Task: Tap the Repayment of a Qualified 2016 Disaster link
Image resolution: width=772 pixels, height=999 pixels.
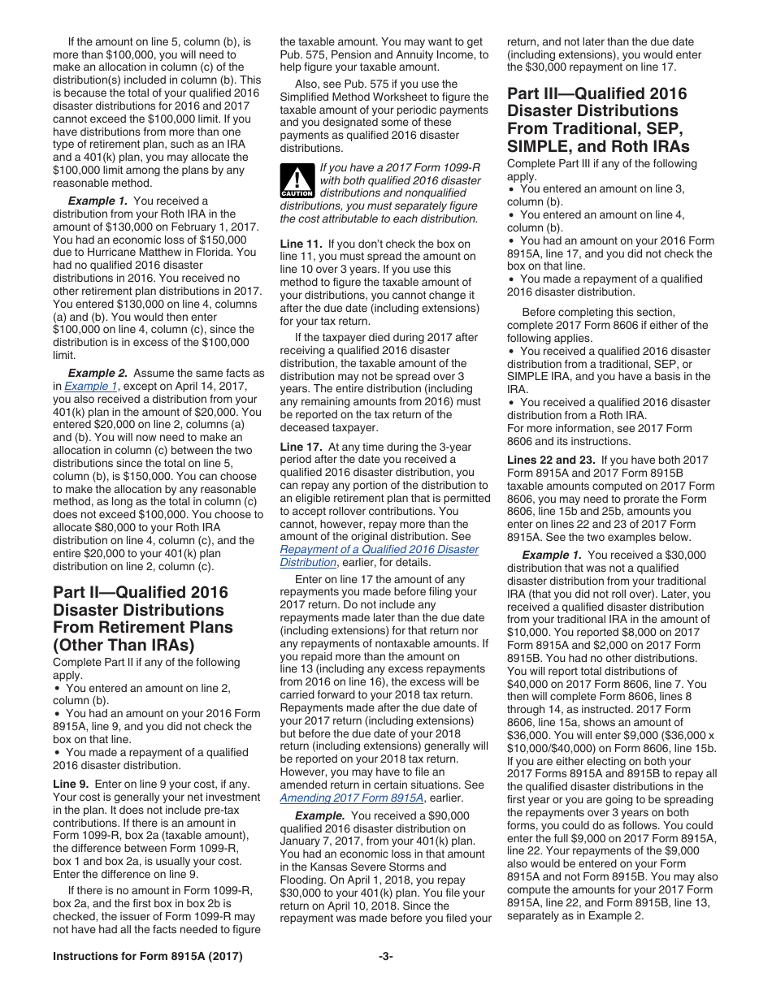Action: click(379, 550)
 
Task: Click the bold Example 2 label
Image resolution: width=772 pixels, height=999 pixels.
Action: click(98, 374)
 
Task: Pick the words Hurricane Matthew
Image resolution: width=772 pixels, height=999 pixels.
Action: click(105, 253)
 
